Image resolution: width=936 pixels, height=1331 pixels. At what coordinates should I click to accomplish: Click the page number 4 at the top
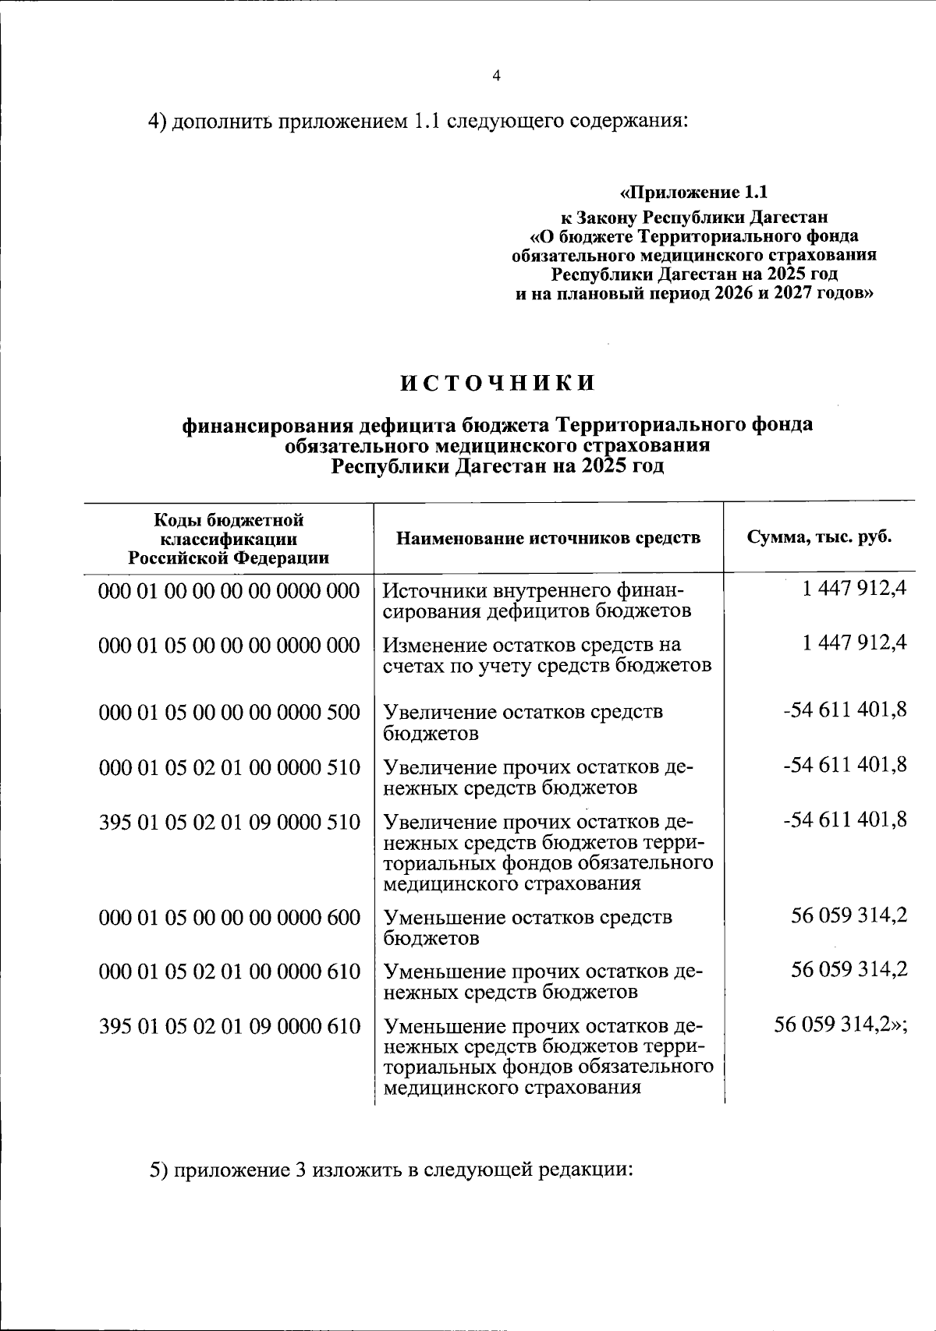point(496,76)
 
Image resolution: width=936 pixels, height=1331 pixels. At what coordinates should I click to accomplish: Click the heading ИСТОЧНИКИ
point(498,383)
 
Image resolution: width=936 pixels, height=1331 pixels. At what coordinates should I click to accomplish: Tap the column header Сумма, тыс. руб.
point(819,537)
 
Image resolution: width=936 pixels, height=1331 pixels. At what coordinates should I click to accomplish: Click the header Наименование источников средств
point(548,537)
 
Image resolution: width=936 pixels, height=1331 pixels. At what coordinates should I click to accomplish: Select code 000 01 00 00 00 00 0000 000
point(229,590)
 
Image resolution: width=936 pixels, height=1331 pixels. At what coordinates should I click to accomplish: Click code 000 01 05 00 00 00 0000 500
point(229,711)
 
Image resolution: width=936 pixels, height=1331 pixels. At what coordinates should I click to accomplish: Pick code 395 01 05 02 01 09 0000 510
point(229,822)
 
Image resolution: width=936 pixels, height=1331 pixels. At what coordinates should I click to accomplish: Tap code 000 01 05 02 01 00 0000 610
point(229,972)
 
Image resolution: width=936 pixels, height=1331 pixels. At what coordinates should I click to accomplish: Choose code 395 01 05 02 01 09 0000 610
point(229,1026)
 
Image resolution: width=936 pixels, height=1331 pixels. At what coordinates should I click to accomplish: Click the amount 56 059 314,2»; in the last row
point(840,1025)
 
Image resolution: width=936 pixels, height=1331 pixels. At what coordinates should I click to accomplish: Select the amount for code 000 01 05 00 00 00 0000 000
point(854,643)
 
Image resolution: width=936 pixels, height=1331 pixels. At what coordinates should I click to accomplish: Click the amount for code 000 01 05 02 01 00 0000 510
point(845,765)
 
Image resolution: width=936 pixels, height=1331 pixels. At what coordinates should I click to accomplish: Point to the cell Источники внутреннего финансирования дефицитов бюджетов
point(537,600)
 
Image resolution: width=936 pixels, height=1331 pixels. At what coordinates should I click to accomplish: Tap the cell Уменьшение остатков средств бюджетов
point(528,927)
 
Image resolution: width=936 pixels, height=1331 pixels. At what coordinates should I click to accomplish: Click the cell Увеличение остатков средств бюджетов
point(523,722)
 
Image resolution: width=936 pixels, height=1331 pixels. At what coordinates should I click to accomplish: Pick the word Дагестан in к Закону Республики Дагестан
point(789,216)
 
